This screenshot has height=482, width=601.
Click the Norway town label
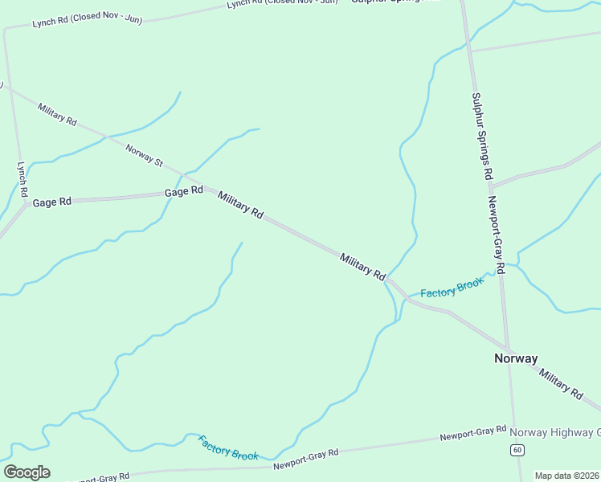[x=516, y=359]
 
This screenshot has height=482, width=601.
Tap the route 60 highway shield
[x=517, y=449]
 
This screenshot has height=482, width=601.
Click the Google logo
[x=27, y=472]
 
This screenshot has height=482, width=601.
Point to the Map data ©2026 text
[x=566, y=476]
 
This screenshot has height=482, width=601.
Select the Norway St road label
[x=145, y=155]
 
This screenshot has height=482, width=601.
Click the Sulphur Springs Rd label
[x=482, y=136]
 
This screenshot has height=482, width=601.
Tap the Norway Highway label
[x=555, y=432]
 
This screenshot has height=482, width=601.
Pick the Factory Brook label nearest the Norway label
[x=452, y=288]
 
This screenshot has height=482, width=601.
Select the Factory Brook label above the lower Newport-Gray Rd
[x=228, y=448]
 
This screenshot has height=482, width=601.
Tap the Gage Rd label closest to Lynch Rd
[x=52, y=202]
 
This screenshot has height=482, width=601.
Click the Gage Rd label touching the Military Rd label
[x=184, y=192]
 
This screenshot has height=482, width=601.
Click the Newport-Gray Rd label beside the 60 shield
[x=473, y=434]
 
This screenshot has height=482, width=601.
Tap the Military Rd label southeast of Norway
[x=561, y=384]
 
